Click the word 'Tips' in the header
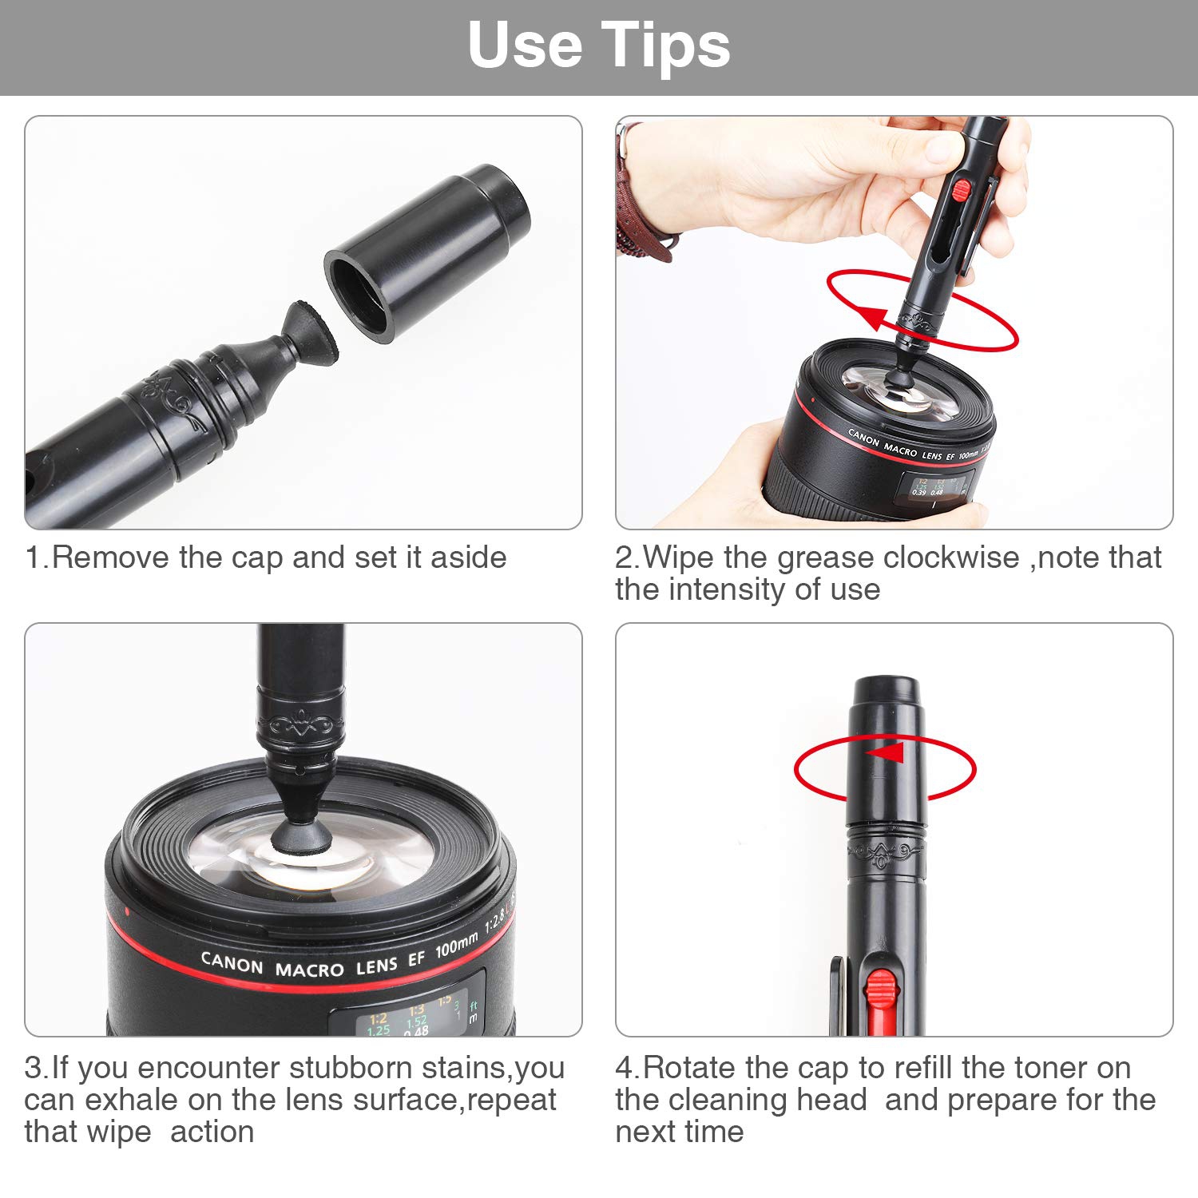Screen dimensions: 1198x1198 (665, 45)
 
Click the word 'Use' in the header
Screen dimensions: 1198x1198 (525, 45)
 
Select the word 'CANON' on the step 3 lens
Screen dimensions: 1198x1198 (232, 963)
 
